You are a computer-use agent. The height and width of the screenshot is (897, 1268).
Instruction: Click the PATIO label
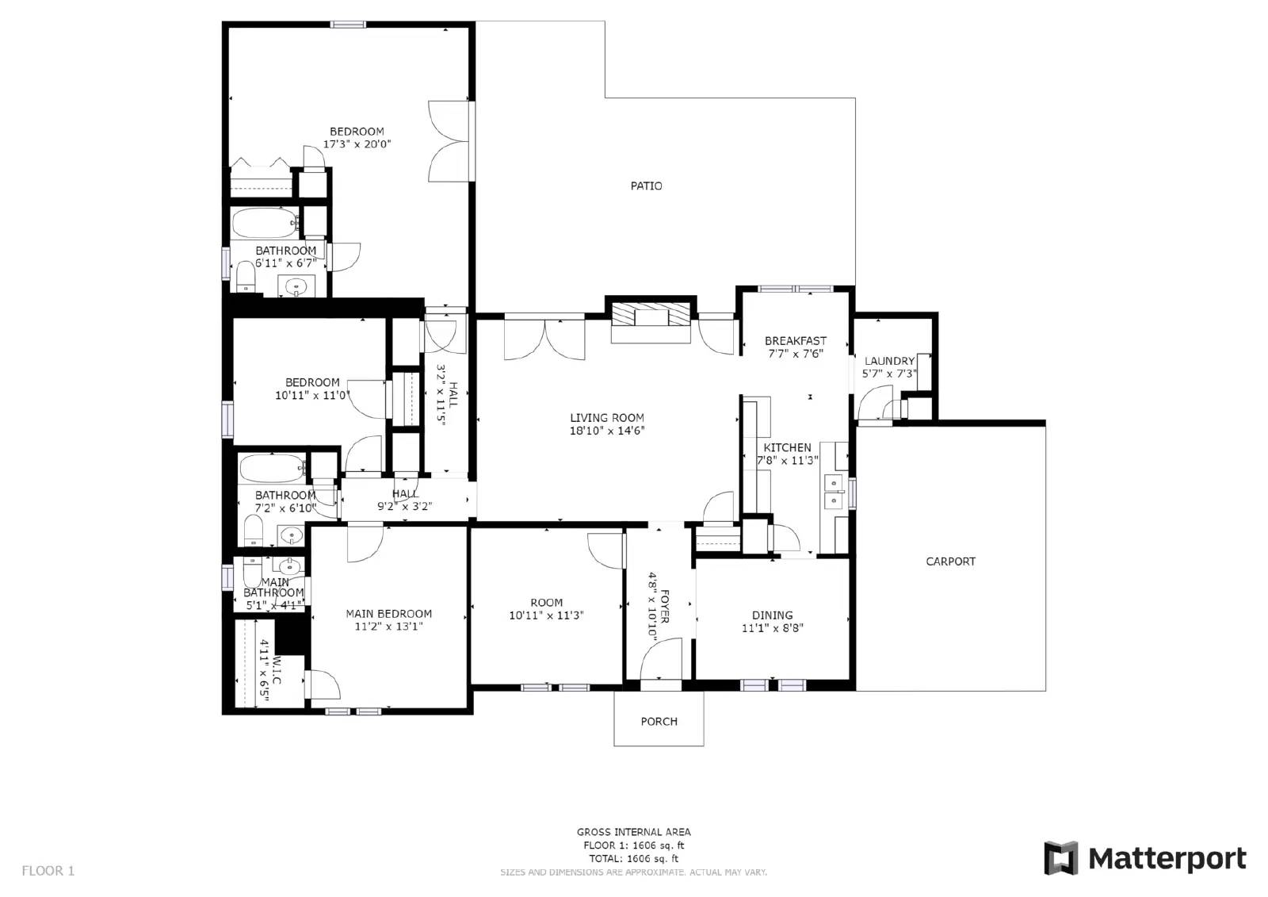pyautogui.click(x=646, y=186)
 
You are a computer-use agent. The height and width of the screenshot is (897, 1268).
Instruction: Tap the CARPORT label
pyautogui.click(x=950, y=562)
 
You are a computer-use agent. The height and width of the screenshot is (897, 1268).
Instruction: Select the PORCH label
pyautogui.click(x=659, y=721)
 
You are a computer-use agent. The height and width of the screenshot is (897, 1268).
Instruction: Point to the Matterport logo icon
pyautogui.click(x=1061, y=858)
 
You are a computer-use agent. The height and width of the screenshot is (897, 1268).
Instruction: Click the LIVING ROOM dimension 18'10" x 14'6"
pyautogui.click(x=606, y=431)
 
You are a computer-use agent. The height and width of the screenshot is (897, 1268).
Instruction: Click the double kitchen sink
pyautogui.click(x=834, y=492)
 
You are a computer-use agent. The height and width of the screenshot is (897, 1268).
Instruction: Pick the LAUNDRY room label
pyautogui.click(x=889, y=361)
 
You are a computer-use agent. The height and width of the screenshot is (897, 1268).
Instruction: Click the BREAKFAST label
pyautogui.click(x=795, y=341)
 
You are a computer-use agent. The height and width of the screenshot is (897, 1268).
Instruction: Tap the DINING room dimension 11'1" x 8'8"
pyautogui.click(x=772, y=628)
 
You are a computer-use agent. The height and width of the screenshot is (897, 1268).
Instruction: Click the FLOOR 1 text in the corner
pyautogui.click(x=48, y=871)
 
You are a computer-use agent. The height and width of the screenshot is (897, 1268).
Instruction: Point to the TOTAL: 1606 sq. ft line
pyautogui.click(x=633, y=858)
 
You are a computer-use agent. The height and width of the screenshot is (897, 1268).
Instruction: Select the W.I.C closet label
pyautogui.click(x=277, y=670)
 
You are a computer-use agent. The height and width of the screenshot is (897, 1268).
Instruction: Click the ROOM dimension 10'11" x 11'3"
pyautogui.click(x=546, y=615)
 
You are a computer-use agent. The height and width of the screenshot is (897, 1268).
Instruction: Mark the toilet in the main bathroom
pyautogui.click(x=253, y=570)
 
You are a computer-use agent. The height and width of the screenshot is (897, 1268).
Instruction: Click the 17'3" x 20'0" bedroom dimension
pyautogui.click(x=357, y=144)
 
